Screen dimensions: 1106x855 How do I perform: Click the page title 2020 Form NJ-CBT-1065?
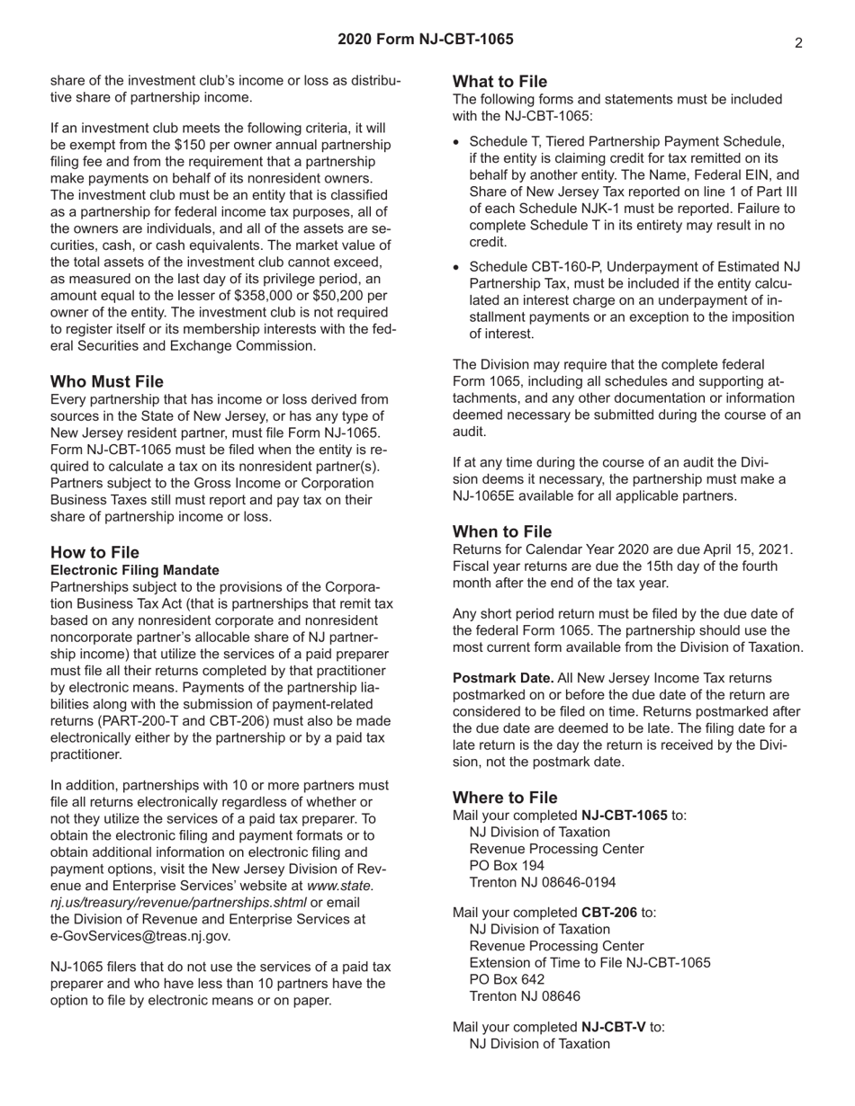tap(426, 40)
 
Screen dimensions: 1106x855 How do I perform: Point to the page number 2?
tap(798, 42)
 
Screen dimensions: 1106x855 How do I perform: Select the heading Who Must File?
tap(107, 381)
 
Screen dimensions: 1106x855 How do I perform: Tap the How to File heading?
tap(94, 552)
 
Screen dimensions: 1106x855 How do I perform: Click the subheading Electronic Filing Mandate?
tap(135, 570)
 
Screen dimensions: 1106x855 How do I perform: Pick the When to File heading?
tap(502, 531)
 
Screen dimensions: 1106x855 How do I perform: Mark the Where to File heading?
tap(505, 798)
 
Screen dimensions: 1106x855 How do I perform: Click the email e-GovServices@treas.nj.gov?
tap(140, 936)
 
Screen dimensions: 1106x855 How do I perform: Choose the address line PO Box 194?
tap(507, 865)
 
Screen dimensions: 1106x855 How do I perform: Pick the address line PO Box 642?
tap(507, 979)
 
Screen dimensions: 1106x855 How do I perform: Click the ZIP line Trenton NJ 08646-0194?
tap(543, 882)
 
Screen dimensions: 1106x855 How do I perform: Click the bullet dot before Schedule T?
tap(457, 142)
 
